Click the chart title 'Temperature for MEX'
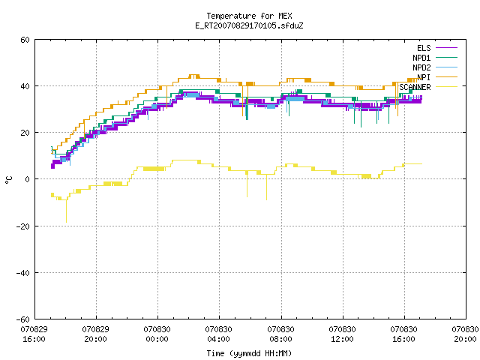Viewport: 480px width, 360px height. pyautogui.click(x=249, y=16)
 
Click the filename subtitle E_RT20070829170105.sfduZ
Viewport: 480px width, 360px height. pyautogui.click(x=249, y=25)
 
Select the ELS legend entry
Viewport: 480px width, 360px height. pyautogui.click(x=437, y=48)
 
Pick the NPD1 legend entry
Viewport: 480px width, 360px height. pyautogui.click(x=435, y=58)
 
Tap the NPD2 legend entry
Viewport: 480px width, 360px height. pyautogui.click(x=435, y=67)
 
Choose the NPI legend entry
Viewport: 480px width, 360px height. pyautogui.click(x=437, y=77)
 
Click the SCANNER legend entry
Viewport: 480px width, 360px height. pyautogui.click(x=428, y=87)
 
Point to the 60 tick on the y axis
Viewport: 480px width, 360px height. pyautogui.click(x=25, y=40)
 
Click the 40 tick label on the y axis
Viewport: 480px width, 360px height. pyautogui.click(x=25, y=86)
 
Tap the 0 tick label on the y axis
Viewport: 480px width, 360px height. pyautogui.click(x=28, y=179)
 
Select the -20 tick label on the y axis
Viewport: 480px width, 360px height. pyautogui.click(x=23, y=226)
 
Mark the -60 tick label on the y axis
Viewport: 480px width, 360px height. pyautogui.click(x=23, y=319)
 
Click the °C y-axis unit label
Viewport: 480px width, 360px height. pyautogui.click(x=9, y=180)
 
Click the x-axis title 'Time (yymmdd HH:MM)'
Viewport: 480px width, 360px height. pyautogui.click(x=249, y=353)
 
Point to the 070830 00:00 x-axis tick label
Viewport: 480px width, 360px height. pyautogui.click(x=157, y=334)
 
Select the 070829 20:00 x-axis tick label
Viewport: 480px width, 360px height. pyautogui.click(x=95, y=334)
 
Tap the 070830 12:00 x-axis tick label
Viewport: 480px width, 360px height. pyautogui.click(x=342, y=334)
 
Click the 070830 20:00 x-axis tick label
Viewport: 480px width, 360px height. pyautogui.click(x=465, y=334)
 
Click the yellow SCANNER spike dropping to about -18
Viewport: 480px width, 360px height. pyautogui.click(x=67, y=211)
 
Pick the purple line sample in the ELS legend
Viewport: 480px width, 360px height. pyautogui.click(x=447, y=48)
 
